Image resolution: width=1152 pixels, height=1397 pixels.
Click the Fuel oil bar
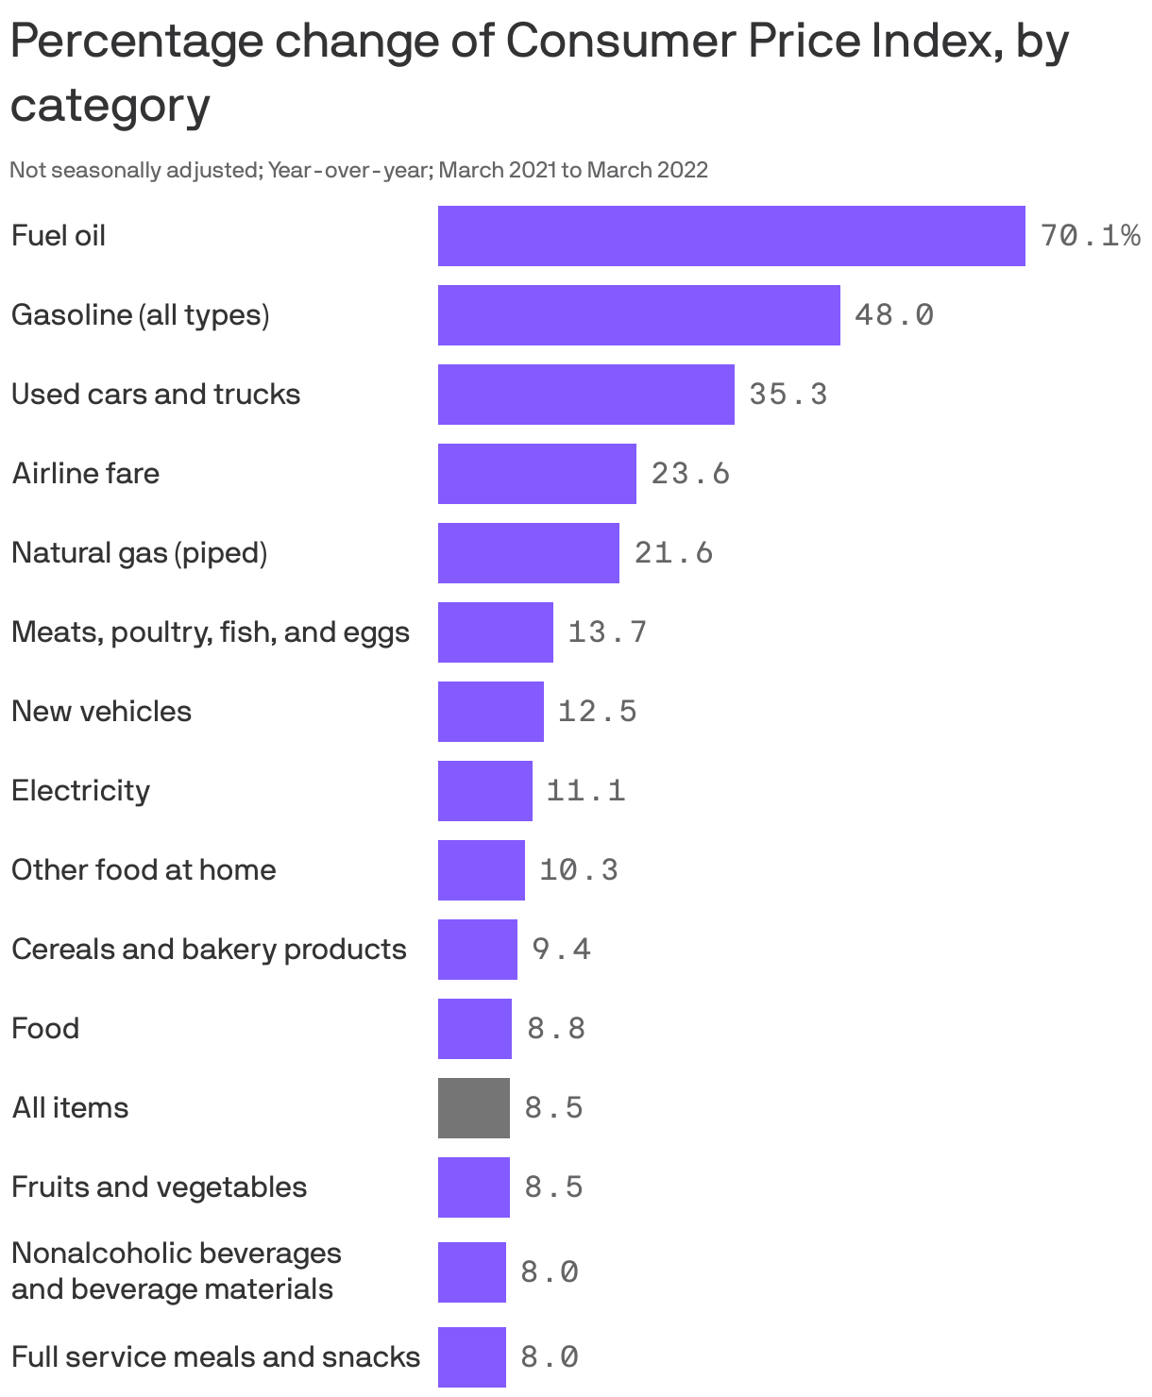pos(731,236)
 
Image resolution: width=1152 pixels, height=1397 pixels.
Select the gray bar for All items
pos(473,1108)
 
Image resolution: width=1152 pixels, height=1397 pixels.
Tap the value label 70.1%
pos(1090,235)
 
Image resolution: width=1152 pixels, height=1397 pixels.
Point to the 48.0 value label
pos(893,314)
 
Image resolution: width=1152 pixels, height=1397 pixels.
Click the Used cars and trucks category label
pos(156,394)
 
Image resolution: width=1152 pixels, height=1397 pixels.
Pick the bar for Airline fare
pos(536,474)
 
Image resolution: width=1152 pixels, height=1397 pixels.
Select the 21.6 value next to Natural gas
pos(673,552)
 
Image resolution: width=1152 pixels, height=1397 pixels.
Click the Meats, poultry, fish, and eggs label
pos(211,631)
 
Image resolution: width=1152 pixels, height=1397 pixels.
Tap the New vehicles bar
pos(490,712)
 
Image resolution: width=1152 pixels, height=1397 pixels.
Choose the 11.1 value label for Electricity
pos(585,790)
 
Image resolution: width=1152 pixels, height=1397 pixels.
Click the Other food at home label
pos(144,869)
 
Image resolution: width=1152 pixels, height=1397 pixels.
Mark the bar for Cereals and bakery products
pos(477,950)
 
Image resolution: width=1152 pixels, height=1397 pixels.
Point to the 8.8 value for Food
pos(556,1028)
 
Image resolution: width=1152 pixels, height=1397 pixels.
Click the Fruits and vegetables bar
pos(473,1187)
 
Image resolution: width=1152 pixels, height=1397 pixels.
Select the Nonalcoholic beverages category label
pos(176,1271)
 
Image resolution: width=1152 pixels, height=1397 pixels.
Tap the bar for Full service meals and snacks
pos(471,1357)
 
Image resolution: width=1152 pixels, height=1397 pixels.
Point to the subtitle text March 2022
pos(647,170)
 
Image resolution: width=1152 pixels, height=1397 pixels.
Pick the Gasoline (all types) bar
pos(638,315)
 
